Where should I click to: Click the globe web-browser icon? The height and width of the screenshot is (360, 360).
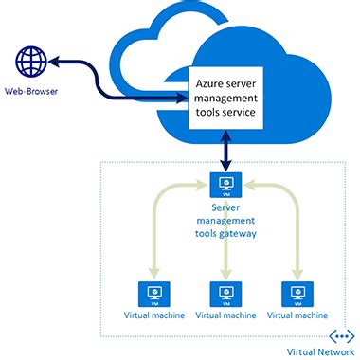tap(31, 63)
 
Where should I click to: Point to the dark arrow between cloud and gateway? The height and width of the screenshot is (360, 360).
tap(225, 152)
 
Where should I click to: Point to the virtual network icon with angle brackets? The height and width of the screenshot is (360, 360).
tap(339, 335)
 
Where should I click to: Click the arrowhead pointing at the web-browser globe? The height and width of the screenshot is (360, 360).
tap(54, 63)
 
